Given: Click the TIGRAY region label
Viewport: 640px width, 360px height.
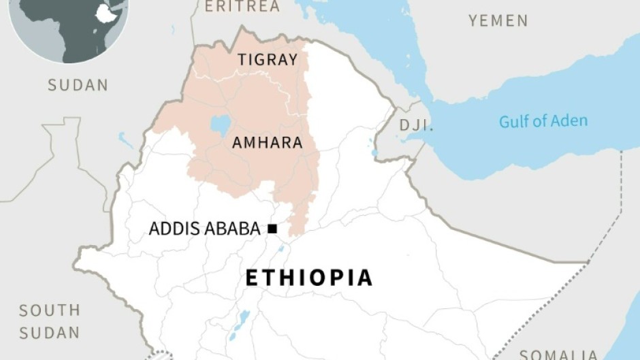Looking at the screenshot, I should (x=268, y=60).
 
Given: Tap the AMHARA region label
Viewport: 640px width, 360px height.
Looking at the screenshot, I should (x=266, y=143).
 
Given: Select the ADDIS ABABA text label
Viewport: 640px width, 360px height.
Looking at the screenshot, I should (x=204, y=229).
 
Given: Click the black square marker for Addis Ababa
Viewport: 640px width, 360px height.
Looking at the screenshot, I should (x=272, y=229).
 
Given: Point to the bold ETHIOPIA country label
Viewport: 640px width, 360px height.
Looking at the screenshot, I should (x=308, y=278).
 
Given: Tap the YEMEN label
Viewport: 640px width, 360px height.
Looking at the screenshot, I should (x=498, y=21).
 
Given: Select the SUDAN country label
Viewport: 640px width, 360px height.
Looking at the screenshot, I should (x=78, y=85).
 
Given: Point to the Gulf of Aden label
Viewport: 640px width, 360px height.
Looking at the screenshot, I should (x=543, y=122).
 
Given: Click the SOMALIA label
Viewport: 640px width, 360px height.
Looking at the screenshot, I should (x=558, y=354).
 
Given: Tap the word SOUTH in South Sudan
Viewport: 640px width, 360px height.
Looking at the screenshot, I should (x=49, y=310).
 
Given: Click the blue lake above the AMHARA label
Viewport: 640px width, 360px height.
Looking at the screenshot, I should (x=221, y=125).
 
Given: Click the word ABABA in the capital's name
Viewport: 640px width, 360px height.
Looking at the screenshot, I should (x=234, y=229).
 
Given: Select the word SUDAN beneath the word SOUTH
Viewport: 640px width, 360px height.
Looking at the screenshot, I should (x=49, y=333).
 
